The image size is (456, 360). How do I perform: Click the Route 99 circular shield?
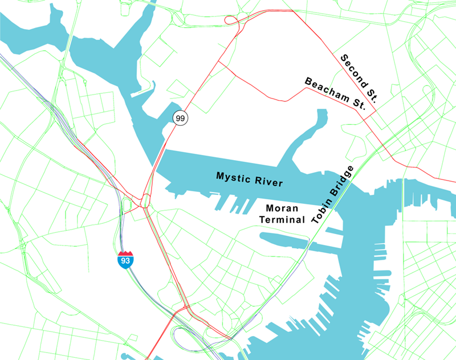(181, 118)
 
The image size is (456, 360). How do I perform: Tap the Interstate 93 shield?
(125, 259)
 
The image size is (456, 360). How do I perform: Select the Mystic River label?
(249, 179)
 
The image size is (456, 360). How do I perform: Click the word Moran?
(283, 209)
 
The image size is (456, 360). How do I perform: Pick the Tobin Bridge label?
(333, 195)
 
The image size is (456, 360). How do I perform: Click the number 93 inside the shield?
(125, 261)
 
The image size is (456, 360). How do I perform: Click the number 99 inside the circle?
(181, 118)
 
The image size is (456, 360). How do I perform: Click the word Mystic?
(233, 176)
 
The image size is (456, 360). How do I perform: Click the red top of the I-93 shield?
(125, 253)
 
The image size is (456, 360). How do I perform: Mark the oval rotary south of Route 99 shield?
(145, 201)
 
